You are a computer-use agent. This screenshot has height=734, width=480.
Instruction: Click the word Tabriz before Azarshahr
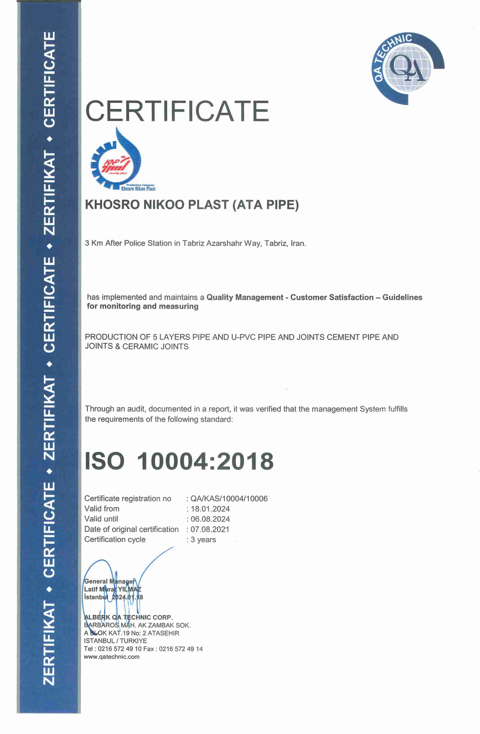click(193, 243)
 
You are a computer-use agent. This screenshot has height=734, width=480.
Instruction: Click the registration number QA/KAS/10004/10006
click(229, 499)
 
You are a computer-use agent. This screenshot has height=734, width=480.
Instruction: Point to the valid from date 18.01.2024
click(210, 509)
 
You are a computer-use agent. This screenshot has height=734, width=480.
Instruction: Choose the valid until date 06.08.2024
click(210, 519)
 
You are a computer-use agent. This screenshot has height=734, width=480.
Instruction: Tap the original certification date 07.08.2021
click(210, 530)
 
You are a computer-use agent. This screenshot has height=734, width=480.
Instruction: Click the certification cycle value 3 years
click(203, 540)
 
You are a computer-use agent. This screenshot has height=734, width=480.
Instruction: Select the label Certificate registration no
click(128, 499)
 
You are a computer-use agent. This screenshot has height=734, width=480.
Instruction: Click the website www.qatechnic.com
click(112, 657)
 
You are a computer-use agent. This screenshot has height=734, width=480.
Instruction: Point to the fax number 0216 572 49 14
click(181, 649)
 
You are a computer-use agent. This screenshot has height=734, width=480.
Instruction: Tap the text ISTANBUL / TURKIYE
click(115, 641)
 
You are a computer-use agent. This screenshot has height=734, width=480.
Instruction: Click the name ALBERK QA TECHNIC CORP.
click(128, 617)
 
